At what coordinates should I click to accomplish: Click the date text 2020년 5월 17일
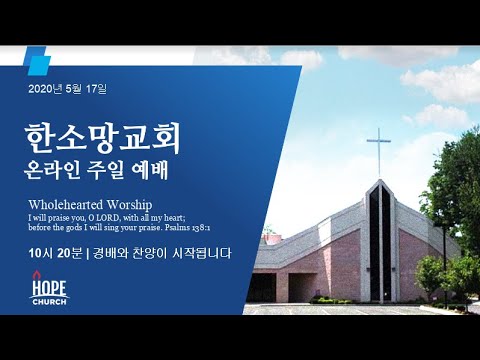[67, 89]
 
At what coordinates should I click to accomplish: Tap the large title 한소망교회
[102, 139]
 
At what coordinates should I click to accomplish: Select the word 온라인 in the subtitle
[52, 171]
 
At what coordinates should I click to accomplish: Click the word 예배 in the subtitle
[150, 171]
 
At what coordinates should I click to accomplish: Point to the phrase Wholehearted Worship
[90, 204]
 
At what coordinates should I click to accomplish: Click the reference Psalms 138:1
[187, 228]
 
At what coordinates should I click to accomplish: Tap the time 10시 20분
[55, 253]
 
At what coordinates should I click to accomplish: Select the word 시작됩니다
[202, 253]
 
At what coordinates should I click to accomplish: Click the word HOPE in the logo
[49, 288]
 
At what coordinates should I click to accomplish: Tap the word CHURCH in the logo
[49, 302]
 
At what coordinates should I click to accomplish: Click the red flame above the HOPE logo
[36, 275]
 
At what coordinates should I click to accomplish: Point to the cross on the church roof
[379, 153]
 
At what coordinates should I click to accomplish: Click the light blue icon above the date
[37, 61]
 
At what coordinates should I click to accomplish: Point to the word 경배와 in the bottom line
[111, 253]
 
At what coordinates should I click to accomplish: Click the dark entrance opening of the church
[262, 288]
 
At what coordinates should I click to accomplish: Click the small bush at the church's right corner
[430, 277]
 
